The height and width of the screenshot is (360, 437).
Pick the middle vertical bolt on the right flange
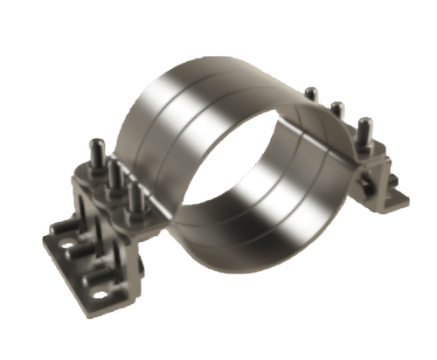point(335,111)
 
